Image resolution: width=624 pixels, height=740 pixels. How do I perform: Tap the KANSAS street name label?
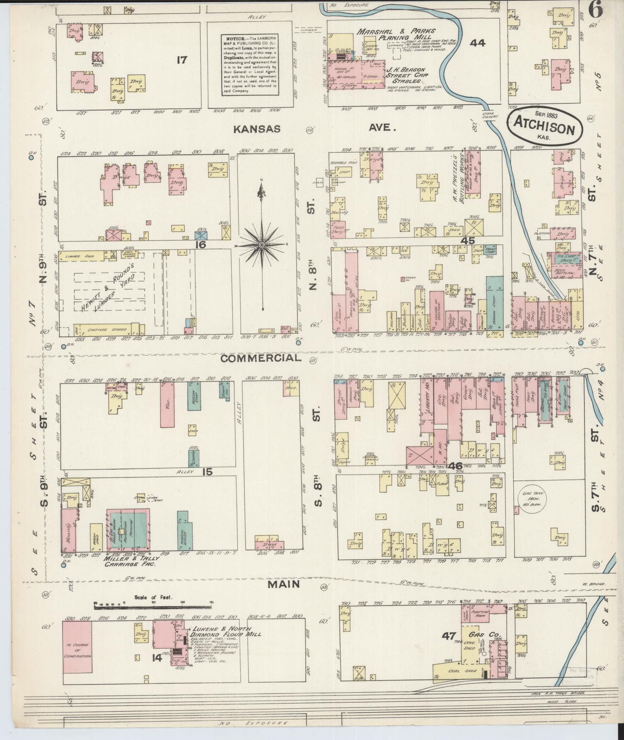[257, 129]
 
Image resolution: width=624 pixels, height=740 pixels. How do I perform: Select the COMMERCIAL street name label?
[260, 358]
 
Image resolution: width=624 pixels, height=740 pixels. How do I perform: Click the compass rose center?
[262, 245]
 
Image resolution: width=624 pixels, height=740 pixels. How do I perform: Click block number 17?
[181, 60]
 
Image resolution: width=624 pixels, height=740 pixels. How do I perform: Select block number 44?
[477, 43]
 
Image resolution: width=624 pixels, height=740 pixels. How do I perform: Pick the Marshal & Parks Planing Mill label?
[396, 34]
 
